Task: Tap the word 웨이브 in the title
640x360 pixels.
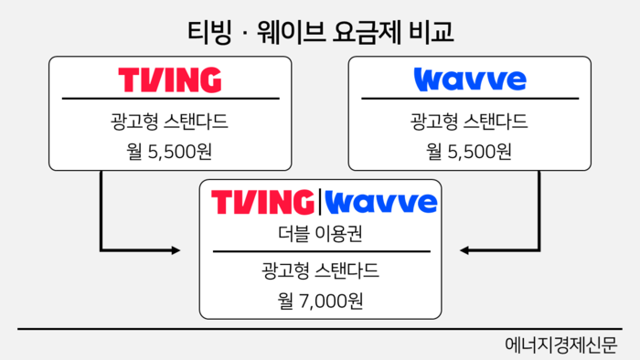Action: [280, 32]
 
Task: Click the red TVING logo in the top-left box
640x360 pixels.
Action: [170, 79]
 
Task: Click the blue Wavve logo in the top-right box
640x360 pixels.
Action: [470, 79]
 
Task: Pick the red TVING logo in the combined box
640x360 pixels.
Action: [262, 202]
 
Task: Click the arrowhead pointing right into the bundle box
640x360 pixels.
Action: [176, 249]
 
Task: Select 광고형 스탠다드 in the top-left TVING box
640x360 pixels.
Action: [170, 121]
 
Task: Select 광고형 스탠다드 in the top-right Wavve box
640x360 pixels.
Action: [470, 121]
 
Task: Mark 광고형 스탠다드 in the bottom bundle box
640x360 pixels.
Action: [320, 270]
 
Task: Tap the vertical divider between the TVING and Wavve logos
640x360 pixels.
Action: [320, 202]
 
